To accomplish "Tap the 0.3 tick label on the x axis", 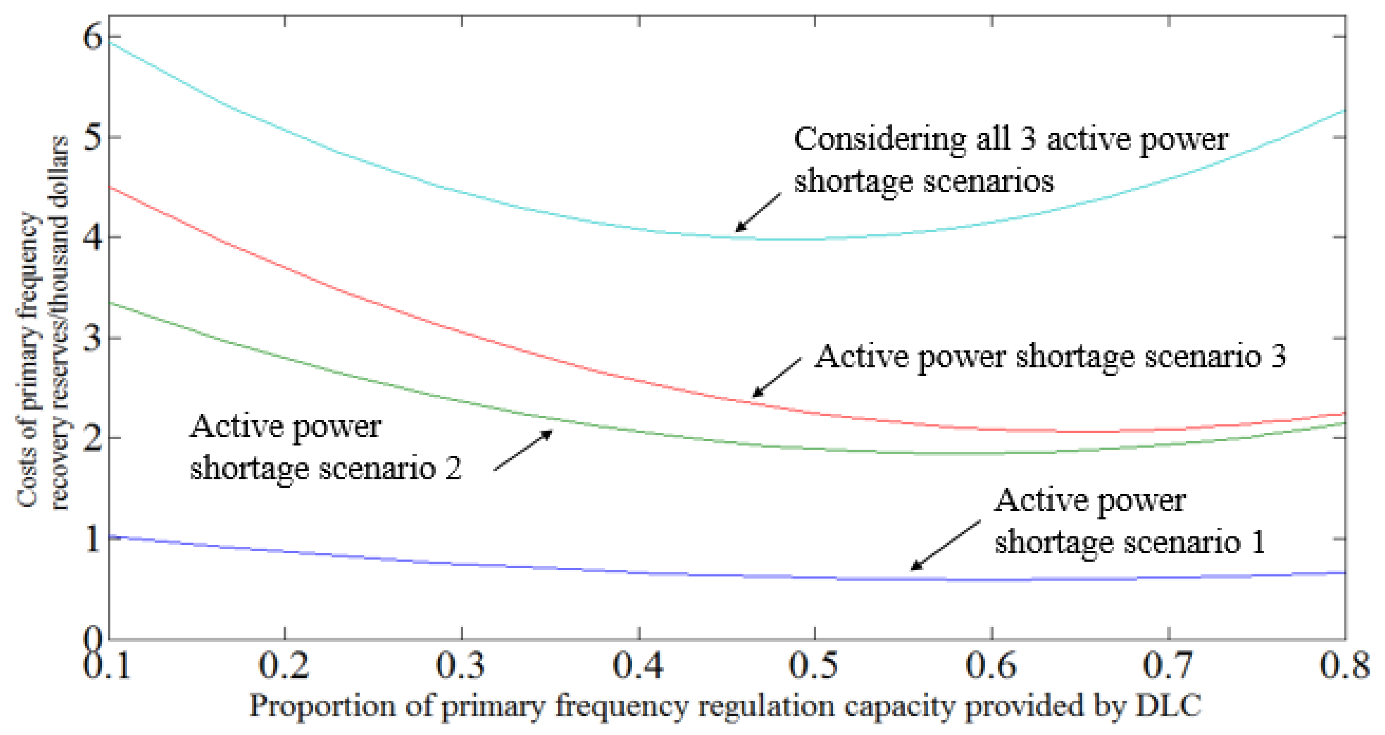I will pyautogui.click(x=460, y=665).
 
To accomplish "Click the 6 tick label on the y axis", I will pyautogui.click(x=92, y=37).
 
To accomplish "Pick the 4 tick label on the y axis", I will pyautogui.click(x=92, y=238).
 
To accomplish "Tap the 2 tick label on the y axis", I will pyautogui.click(x=92, y=439).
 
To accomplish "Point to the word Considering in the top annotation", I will pyautogui.click(x=880, y=140).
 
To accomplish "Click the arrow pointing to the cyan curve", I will pyautogui.click(x=758, y=213).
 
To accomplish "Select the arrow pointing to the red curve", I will pyautogui.click(x=776, y=377).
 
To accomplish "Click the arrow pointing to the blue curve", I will pyautogui.click(x=945, y=545).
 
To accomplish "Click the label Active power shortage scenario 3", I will pyautogui.click(x=1050, y=356).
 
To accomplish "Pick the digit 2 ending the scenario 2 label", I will pyautogui.click(x=453, y=468).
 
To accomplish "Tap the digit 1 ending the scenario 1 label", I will pyautogui.click(x=1258, y=542).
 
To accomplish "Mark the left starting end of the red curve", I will pyautogui.click(x=111, y=188).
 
